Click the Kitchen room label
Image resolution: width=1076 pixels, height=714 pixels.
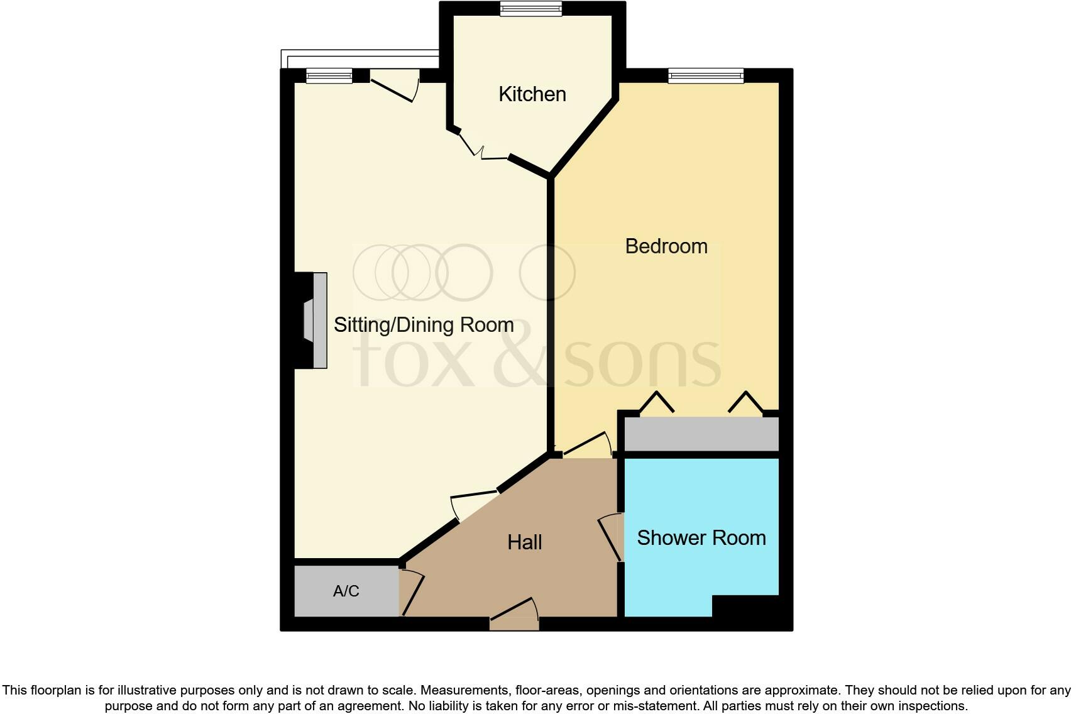point(532,94)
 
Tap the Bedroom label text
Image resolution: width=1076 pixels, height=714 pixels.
point(666,246)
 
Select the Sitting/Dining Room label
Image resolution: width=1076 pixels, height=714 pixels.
point(423,325)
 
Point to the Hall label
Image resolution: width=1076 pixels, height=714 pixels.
point(524,542)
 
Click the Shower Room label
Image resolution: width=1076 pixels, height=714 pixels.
point(701,538)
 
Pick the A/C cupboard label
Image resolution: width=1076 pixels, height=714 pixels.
point(346,591)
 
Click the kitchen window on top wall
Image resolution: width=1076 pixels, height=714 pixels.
point(531,8)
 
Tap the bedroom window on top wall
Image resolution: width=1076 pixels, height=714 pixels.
point(705,76)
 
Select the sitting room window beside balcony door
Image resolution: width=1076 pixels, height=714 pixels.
point(329,76)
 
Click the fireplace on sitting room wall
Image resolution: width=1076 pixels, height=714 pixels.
point(313,320)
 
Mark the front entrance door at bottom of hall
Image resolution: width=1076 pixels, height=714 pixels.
point(514,615)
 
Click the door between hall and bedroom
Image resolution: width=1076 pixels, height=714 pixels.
point(587,446)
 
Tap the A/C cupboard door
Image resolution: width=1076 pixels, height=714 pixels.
point(412,593)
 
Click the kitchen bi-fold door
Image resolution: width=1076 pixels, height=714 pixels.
point(481,149)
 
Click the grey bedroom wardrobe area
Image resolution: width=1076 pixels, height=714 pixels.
point(701,434)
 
